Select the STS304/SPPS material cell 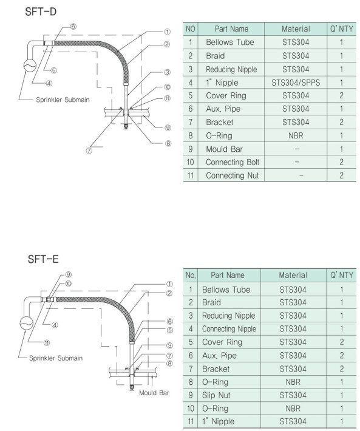(296, 82)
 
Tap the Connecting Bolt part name (231, 162)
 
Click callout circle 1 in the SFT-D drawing (166, 31)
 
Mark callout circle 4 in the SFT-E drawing (55, 325)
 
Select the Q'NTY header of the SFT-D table (341, 29)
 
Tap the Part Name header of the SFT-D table (231, 29)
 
